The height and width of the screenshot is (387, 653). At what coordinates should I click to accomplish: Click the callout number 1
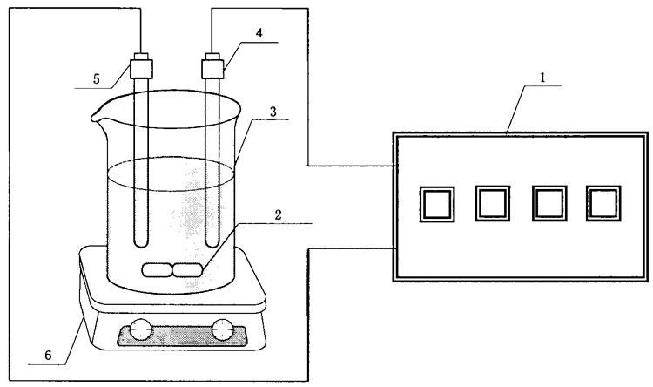click(x=543, y=78)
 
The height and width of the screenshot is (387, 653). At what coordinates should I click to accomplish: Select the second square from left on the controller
click(x=490, y=204)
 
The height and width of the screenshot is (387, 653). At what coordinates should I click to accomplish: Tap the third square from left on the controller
click(x=547, y=204)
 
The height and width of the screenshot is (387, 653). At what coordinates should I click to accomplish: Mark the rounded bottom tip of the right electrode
click(x=212, y=241)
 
